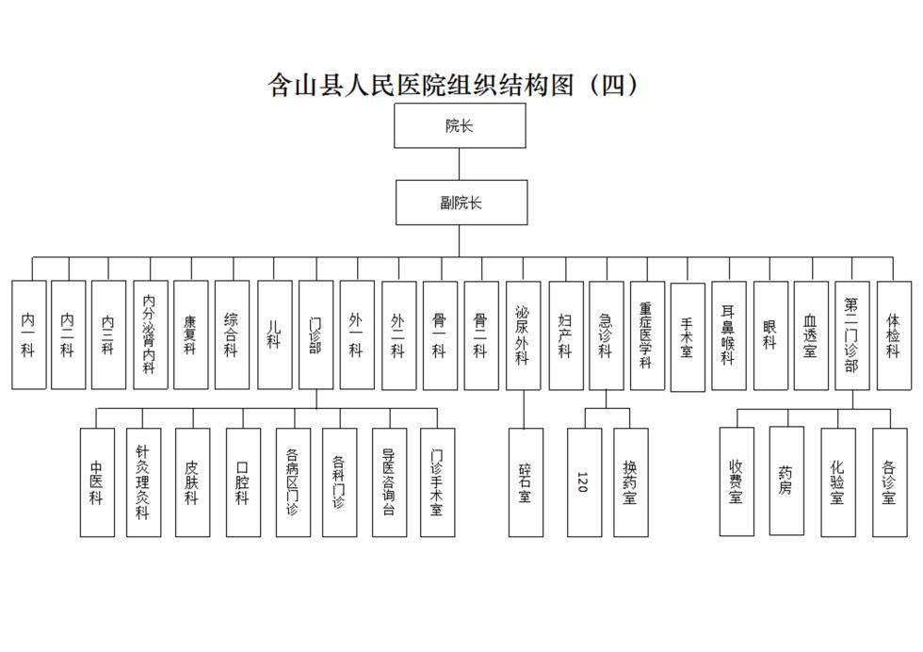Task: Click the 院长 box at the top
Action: tap(460, 125)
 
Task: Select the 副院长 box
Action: tap(461, 203)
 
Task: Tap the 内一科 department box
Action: tap(29, 334)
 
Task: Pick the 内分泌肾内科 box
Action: tap(151, 334)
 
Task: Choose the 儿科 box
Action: tap(275, 334)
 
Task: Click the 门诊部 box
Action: tap(316, 334)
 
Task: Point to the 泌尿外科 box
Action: tap(524, 335)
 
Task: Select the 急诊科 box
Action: tap(607, 335)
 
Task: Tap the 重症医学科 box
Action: tap(648, 335)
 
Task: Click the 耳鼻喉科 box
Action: tap(729, 335)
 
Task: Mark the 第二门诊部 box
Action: tap(852, 335)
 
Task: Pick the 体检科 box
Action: tap(894, 335)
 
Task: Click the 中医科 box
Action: tap(97, 482)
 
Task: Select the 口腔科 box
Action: tap(243, 482)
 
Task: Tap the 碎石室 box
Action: tap(526, 482)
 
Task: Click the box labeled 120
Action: tap(585, 482)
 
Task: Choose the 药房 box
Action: tap(786, 481)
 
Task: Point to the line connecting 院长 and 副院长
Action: tap(460, 164)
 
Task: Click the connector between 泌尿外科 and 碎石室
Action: tap(524, 409)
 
